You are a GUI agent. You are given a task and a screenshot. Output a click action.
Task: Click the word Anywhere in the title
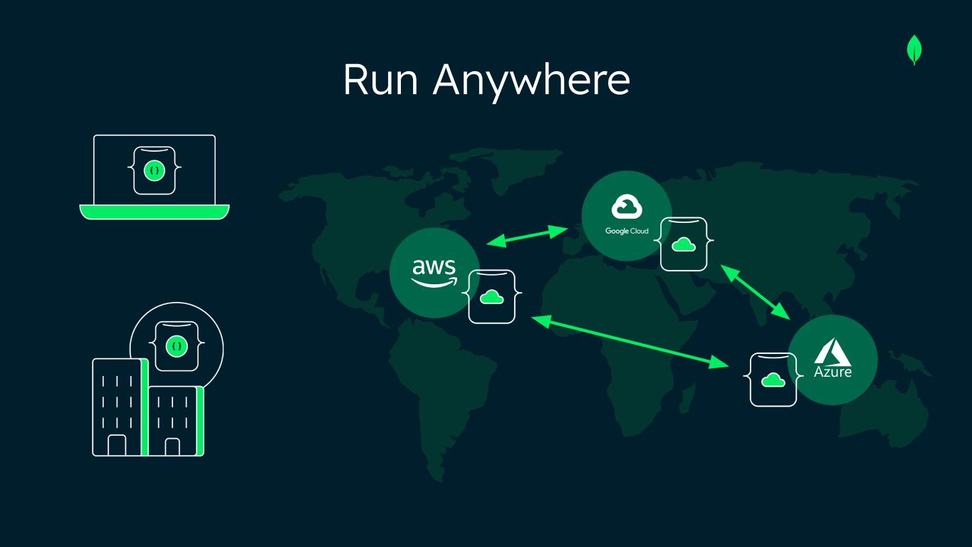click(531, 81)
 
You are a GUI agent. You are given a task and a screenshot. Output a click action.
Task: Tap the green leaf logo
click(914, 51)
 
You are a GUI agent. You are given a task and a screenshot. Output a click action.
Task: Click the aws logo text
click(434, 267)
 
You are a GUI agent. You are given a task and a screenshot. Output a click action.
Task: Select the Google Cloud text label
click(627, 231)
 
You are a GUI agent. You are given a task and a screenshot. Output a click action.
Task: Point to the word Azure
click(832, 372)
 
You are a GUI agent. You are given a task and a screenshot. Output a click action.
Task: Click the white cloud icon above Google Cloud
click(627, 207)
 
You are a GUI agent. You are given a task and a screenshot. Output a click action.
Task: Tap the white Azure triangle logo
click(832, 352)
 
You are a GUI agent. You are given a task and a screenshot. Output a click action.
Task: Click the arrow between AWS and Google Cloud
click(527, 236)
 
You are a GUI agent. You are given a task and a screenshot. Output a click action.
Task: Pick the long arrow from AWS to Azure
click(629, 343)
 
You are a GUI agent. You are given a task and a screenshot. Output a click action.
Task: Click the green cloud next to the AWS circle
click(491, 296)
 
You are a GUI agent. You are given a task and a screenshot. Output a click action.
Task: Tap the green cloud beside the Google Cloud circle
click(684, 244)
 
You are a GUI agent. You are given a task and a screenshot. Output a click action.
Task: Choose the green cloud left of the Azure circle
click(773, 380)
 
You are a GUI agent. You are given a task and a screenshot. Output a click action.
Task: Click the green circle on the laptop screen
click(155, 170)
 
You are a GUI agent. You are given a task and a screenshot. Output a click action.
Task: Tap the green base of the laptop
click(155, 212)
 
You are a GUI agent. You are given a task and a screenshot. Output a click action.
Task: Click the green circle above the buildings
click(176, 347)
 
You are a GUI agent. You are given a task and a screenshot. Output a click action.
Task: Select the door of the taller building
click(117, 445)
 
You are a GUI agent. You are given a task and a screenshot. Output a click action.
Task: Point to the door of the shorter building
click(172, 447)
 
